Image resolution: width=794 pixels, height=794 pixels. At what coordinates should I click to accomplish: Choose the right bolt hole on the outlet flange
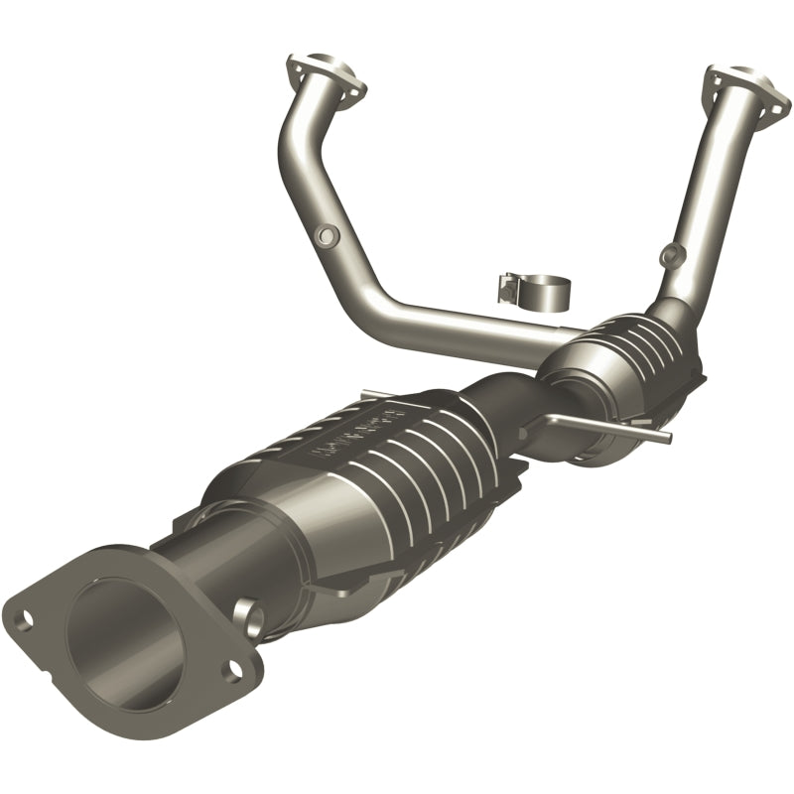click(232, 672)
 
